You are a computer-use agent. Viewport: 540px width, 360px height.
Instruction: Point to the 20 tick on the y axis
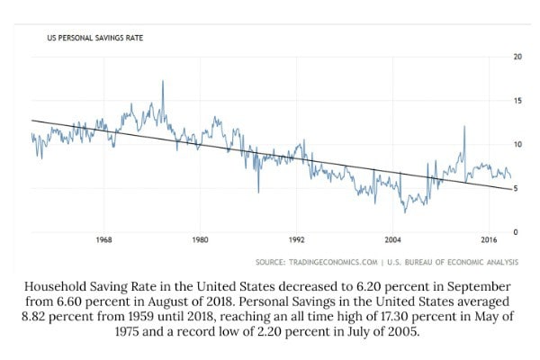517,57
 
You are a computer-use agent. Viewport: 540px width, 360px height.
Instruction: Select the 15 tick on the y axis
517,101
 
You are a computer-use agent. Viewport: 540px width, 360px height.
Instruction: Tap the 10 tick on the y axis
517,144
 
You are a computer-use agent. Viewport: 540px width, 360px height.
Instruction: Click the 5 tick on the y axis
515,188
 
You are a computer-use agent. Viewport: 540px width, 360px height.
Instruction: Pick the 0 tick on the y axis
515,232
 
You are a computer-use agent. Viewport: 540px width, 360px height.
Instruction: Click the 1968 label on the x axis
103,240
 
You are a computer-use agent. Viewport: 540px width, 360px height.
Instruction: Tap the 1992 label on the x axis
296,240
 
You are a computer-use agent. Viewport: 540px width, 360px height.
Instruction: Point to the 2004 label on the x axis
392,240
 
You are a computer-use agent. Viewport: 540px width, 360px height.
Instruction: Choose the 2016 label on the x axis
489,240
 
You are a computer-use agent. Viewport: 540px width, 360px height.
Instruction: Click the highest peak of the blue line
163,82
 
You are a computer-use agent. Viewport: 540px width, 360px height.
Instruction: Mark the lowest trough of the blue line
405,211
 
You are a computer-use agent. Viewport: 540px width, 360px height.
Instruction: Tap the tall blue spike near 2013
464,127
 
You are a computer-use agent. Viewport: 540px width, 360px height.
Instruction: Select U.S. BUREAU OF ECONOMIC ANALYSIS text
452,262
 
